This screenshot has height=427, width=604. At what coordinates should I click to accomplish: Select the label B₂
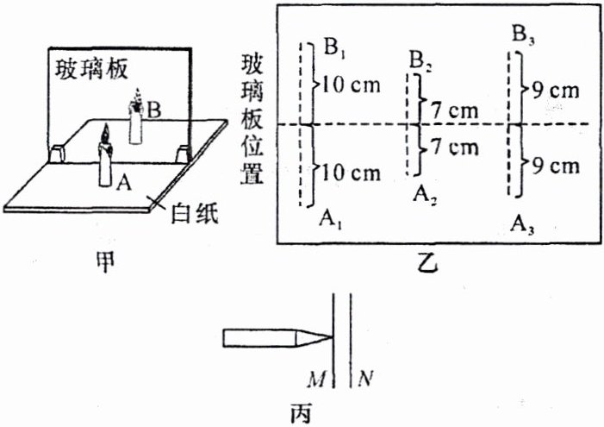point(420,61)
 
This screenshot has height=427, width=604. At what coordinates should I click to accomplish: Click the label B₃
point(521,36)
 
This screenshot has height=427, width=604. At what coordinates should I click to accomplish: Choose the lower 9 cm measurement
point(551,166)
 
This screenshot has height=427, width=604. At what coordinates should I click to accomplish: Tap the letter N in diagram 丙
point(366,378)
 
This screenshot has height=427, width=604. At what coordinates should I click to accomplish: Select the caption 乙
point(428,266)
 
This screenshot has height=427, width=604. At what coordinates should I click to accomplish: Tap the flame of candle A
point(105,135)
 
